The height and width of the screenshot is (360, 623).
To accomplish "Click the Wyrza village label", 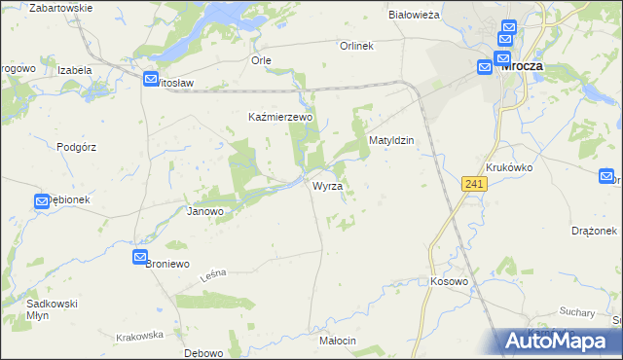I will pos(327,185).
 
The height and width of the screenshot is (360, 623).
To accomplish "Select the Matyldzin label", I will pos(391,140).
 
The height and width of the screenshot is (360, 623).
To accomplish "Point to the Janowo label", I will pos(205,211).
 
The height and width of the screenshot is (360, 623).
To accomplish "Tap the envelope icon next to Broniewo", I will pos(140,256).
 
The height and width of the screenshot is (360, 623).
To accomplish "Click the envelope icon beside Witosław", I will pos(151,80).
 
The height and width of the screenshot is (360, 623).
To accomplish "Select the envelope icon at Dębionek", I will pos(43,201).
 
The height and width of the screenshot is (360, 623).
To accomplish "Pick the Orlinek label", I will pos(356,46).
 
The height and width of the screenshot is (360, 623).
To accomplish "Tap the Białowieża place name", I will pos(415,15).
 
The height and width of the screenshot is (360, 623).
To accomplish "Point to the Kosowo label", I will pos(449,281).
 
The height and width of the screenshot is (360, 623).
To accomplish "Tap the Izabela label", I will pos(74,70).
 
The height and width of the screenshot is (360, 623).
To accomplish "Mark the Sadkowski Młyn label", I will pos(53,309).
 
